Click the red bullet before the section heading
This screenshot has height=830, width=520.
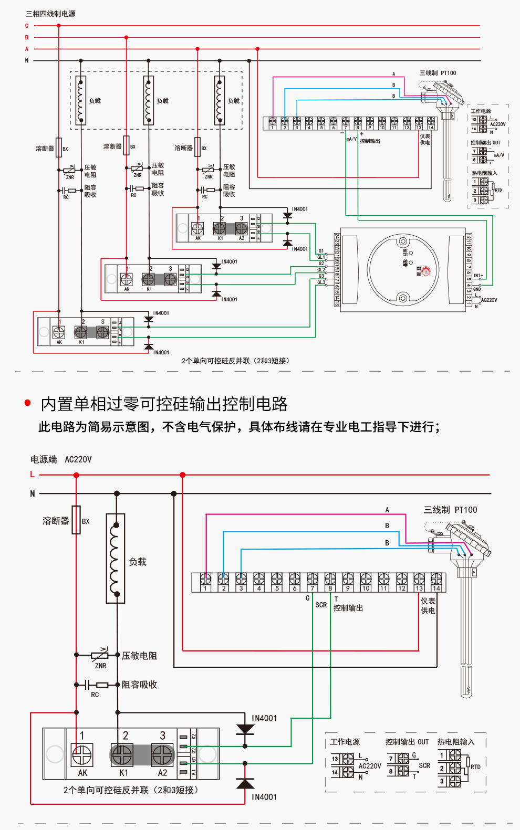(28, 403)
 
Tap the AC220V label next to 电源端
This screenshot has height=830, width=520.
(78, 459)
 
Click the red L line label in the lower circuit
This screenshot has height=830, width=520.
(32, 475)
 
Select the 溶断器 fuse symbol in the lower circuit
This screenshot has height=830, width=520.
(76, 520)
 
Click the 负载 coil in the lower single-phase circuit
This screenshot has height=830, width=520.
(116, 558)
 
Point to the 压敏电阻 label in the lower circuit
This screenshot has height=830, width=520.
(139, 656)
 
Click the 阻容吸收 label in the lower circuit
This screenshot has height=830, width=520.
(139, 685)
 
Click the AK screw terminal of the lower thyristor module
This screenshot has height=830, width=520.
(82, 755)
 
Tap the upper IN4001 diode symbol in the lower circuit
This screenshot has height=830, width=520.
(245, 730)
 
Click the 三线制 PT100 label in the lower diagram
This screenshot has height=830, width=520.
(450, 510)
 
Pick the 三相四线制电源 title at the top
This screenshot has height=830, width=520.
(50, 14)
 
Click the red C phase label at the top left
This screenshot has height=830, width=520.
(27, 26)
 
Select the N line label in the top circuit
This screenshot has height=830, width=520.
(27, 60)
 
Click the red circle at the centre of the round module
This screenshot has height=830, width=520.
(426, 271)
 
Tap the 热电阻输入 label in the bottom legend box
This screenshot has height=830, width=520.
(456, 742)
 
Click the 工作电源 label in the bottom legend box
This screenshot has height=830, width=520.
(345, 742)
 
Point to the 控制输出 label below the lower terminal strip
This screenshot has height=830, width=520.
(348, 608)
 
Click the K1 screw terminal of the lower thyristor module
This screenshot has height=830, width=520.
(122, 755)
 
